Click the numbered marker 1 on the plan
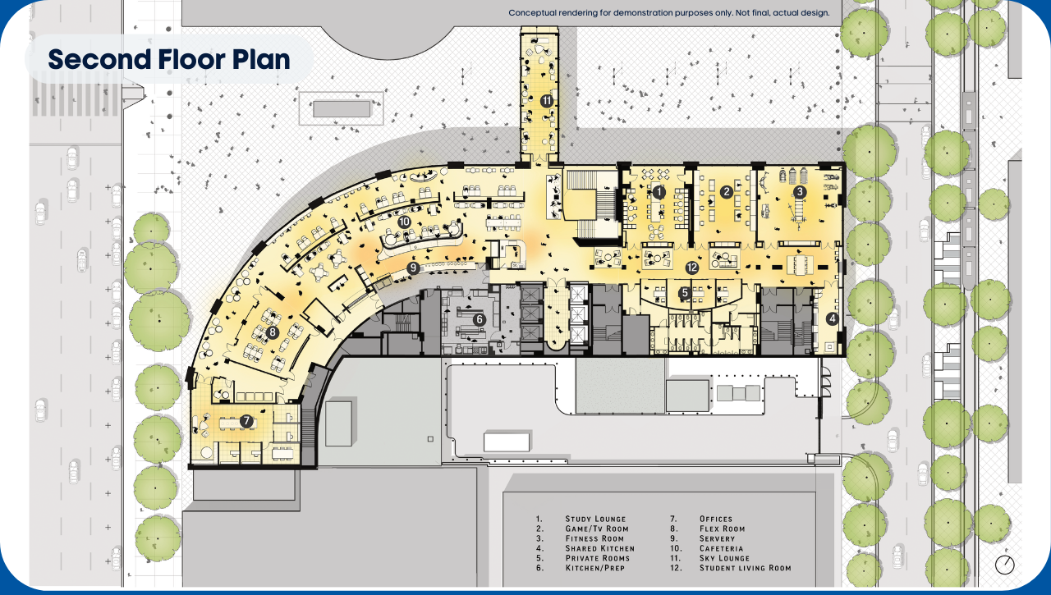tap(658, 191)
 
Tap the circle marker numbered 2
tap(726, 192)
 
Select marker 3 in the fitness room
tap(800, 192)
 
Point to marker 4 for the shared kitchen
tap(832, 320)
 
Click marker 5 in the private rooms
tap(685, 291)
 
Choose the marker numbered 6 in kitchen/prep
tap(480, 319)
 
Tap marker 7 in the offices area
tap(246, 421)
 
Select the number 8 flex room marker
tap(273, 332)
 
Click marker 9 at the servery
tap(413, 268)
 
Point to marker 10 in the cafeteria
tap(403, 222)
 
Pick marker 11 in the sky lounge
tap(547, 100)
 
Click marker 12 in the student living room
tap(691, 268)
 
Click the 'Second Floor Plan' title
tap(168, 59)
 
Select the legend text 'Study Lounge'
tap(595, 519)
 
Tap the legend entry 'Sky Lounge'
tap(724, 558)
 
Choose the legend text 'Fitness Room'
tap(595, 538)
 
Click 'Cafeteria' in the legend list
tap(722, 548)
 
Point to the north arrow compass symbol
tap(1004, 565)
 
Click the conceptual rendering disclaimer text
tap(668, 13)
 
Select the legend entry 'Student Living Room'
tap(745, 568)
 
